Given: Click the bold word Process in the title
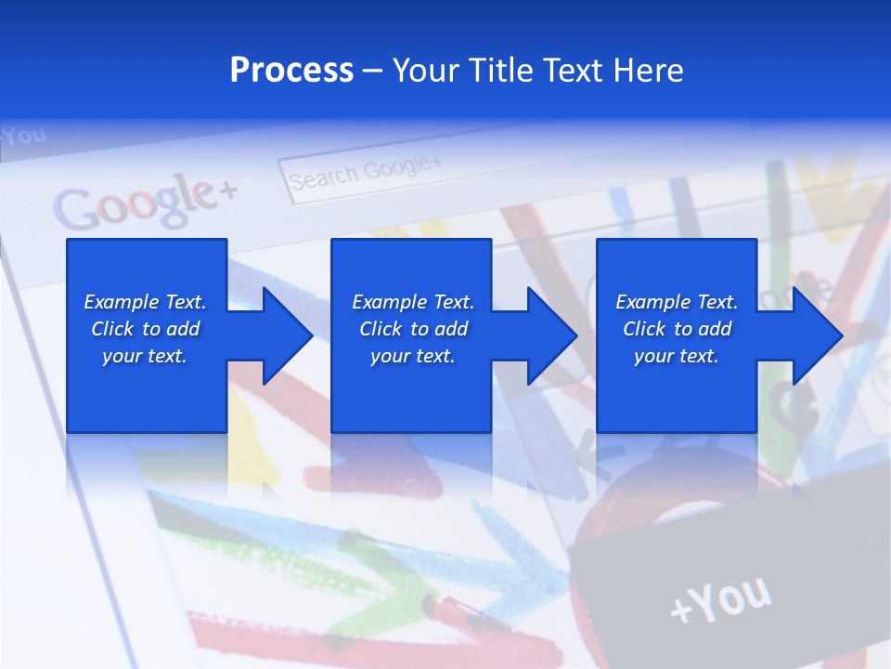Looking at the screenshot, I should (291, 71).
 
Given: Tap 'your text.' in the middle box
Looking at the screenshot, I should (412, 356).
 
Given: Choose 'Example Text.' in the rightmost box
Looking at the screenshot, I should (677, 302).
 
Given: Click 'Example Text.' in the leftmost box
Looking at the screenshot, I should (145, 302).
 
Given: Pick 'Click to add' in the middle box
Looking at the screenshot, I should (413, 329).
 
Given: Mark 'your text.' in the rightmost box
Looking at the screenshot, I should (677, 356).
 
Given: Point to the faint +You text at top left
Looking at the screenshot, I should (22, 137).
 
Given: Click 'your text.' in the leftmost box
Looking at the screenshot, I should (145, 356).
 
